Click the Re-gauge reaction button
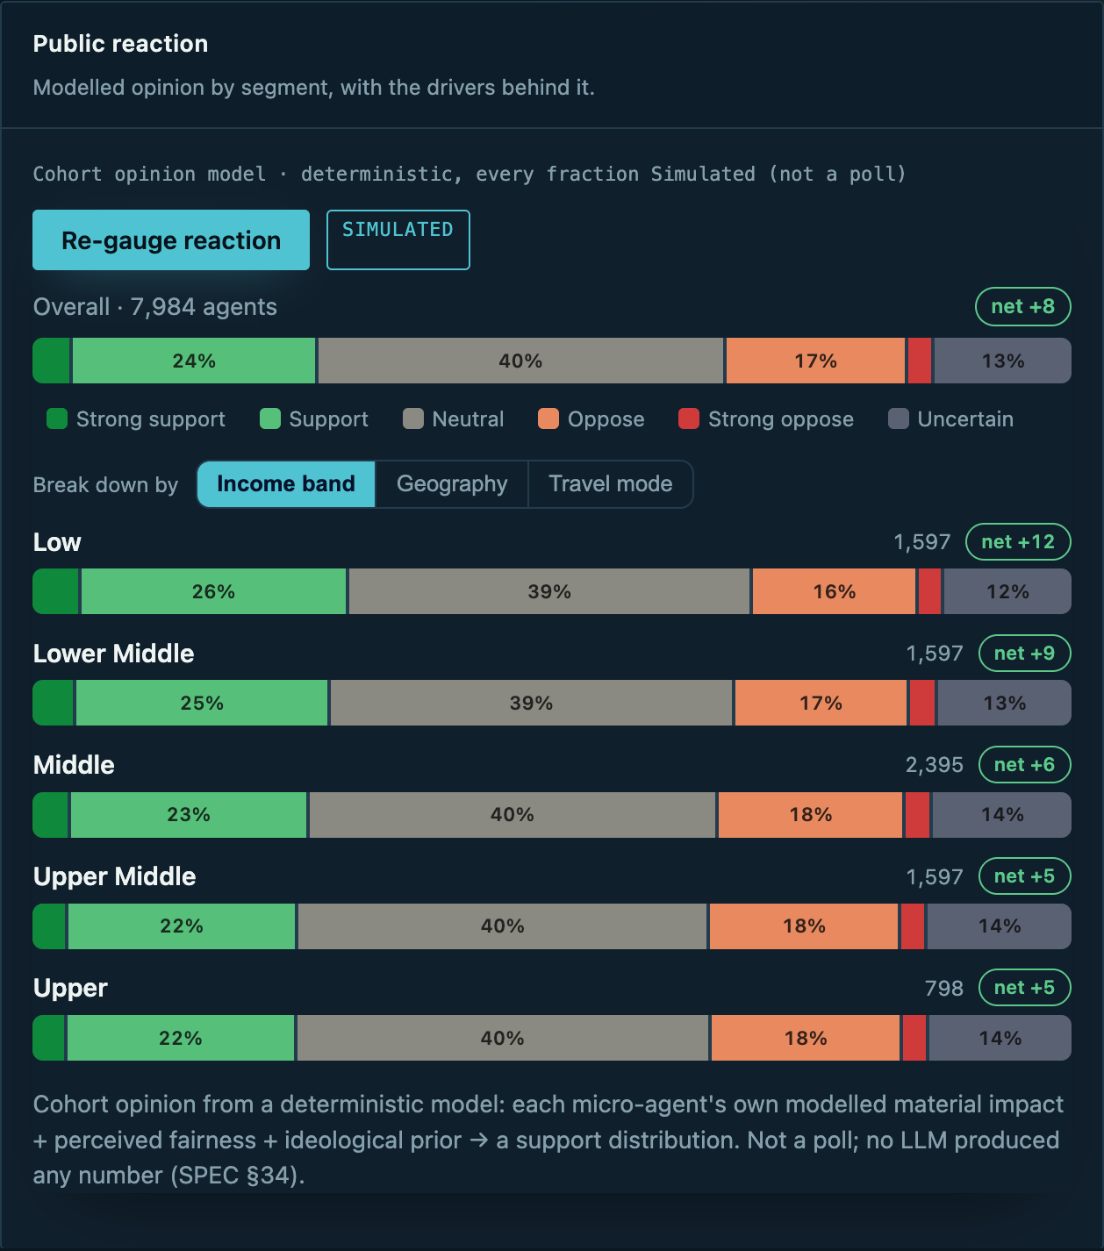171,239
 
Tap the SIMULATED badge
398,239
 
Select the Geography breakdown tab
452,484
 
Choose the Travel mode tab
611,484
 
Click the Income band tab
286,484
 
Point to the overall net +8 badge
1022,306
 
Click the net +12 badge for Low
1018,541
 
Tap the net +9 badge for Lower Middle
1024,654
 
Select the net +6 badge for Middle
1024,764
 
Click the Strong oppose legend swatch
689,418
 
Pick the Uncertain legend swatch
899,418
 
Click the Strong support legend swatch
57,418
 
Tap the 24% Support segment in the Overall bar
194,361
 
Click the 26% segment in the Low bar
214,591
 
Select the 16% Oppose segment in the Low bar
834,591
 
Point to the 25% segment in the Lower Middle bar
202,703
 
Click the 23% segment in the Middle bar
189,814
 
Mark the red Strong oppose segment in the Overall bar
920,361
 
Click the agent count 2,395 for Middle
934,765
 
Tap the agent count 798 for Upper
944,988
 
